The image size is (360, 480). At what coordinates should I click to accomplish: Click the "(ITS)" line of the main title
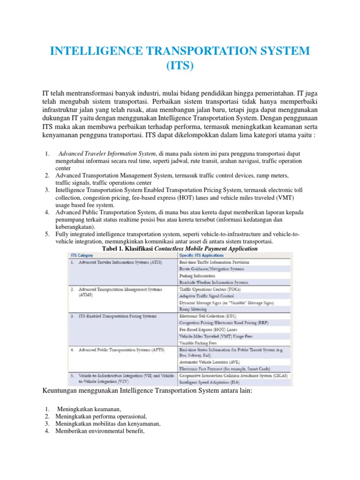180,66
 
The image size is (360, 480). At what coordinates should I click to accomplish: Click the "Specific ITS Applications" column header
202,255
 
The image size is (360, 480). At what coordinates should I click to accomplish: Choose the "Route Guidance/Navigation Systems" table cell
212,270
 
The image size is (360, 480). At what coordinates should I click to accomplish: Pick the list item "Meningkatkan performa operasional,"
101,417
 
